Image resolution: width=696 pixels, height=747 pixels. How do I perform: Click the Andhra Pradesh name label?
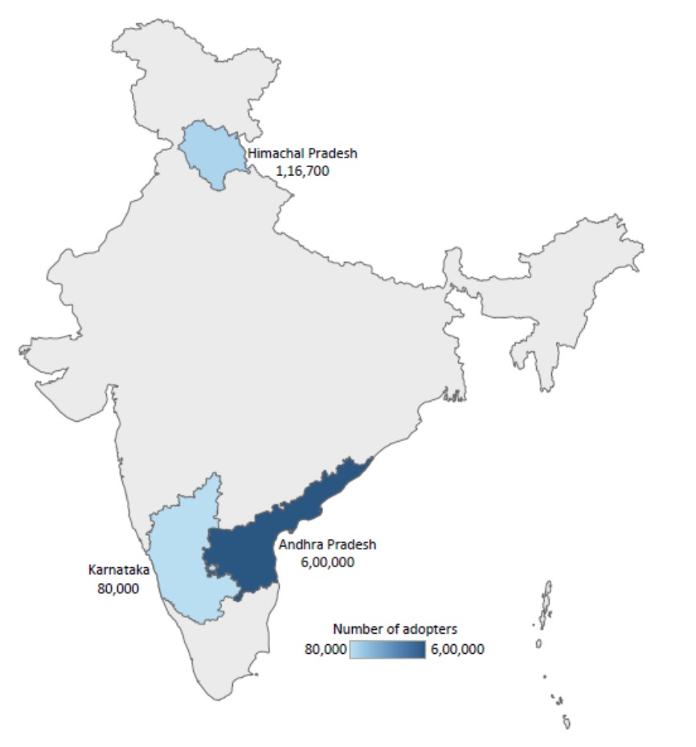coord(327,545)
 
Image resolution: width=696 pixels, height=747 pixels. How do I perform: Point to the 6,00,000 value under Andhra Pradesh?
coord(327,562)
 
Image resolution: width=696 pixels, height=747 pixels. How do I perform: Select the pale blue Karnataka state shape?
coord(185,562)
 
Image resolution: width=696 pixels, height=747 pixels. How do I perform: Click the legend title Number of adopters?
coord(395,629)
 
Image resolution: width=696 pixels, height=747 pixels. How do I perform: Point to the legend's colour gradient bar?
coord(388,649)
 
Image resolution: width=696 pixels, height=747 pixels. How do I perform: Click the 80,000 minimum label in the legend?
coord(325,649)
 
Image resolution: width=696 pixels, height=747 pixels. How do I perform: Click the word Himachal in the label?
coord(270,153)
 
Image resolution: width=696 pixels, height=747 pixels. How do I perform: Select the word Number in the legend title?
coord(355,629)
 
